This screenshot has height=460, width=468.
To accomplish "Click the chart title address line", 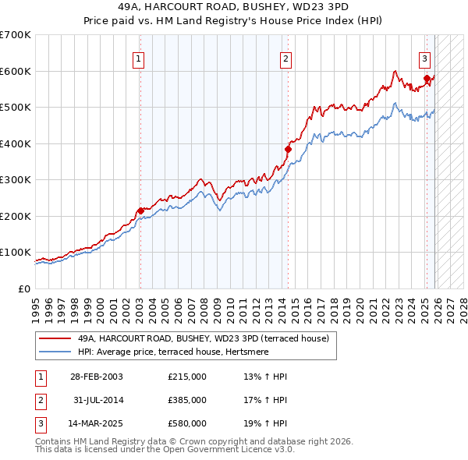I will pyautogui.click(x=233, y=5).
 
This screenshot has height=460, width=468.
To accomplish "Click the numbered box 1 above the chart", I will pyautogui.click(x=138, y=58).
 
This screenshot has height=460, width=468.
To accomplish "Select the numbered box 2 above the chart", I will pyautogui.click(x=286, y=58).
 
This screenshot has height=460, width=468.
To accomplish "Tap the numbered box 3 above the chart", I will pyautogui.click(x=425, y=58).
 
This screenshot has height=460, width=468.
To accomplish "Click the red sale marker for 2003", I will pyautogui.click(x=140, y=211).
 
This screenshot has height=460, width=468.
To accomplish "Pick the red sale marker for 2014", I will pyautogui.click(x=288, y=149).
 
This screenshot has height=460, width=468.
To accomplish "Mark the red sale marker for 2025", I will pyautogui.click(x=427, y=78).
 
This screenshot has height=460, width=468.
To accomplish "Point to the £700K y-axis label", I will pyautogui.click(x=16, y=35).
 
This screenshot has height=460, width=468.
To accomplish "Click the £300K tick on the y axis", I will pyautogui.click(x=16, y=179).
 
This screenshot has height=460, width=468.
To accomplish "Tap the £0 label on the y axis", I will pyautogui.click(x=23, y=288).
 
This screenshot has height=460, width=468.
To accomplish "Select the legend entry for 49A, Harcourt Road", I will pyautogui.click(x=203, y=338).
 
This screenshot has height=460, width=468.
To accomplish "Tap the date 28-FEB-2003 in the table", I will pyautogui.click(x=97, y=377).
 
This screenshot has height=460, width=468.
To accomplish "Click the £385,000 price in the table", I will pyautogui.click(x=187, y=400).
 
